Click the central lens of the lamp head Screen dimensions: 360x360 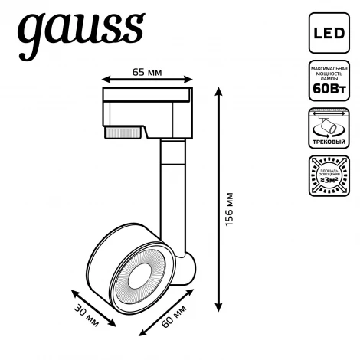(x=143, y=275)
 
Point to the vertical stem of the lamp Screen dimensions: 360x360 (x=168, y=191)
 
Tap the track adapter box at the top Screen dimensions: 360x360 (x=148, y=106)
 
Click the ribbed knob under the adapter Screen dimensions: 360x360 (x=122, y=133)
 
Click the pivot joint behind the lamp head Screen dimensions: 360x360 (x=187, y=269)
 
